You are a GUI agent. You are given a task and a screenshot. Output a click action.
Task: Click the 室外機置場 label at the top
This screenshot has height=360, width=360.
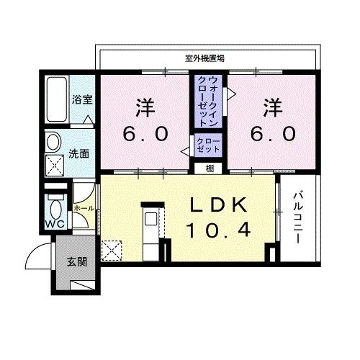[204, 58]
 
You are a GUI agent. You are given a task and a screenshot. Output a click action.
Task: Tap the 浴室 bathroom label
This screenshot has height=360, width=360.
[82, 99]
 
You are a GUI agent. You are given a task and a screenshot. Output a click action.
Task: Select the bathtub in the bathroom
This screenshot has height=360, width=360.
[57, 99]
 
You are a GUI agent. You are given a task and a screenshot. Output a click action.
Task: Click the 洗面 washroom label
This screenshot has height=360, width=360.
[79, 154]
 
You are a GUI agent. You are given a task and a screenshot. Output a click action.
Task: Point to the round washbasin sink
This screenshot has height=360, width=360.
[53, 142]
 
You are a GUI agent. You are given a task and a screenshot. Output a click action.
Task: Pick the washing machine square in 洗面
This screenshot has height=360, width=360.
[55, 166]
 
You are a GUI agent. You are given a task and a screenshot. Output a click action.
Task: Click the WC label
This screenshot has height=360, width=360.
[55, 224]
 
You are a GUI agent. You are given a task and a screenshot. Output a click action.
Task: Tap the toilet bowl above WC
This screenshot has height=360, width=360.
[56, 208]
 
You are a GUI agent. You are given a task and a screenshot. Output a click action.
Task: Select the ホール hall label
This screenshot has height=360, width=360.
[84, 208]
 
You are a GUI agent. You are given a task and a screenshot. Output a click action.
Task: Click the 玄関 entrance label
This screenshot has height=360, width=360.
[77, 262]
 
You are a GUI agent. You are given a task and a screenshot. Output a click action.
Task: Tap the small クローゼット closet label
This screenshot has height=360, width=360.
[208, 145]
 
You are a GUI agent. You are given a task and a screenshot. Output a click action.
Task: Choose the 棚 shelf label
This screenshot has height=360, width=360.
[210, 168]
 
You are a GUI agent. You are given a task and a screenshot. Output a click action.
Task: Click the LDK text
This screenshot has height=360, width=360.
[218, 204]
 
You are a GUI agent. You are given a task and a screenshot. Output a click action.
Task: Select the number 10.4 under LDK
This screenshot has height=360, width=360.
[218, 230]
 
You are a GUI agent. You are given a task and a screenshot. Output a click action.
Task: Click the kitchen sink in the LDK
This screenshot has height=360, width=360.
[150, 219]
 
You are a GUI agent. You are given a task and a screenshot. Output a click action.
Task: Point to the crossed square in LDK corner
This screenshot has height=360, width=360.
[112, 251]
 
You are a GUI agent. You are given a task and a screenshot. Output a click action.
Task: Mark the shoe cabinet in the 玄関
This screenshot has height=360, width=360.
[82, 285]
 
